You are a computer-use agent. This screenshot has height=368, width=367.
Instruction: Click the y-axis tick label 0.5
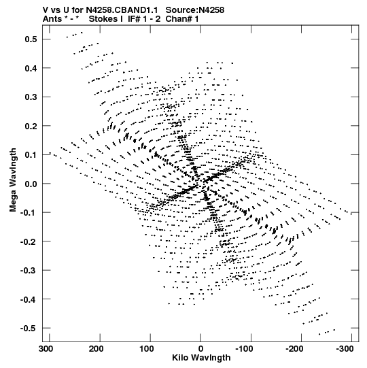tap(31, 39)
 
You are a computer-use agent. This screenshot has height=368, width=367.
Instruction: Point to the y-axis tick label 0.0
tap(31, 184)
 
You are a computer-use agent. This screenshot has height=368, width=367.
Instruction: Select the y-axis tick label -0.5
tap(29, 329)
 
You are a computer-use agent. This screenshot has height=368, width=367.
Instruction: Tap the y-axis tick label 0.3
tap(31, 97)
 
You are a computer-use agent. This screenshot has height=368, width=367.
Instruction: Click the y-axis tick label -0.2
tap(29, 241)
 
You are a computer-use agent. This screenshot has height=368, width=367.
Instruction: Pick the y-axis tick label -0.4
tap(29, 299)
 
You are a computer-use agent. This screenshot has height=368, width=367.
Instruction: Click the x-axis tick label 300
tap(46, 349)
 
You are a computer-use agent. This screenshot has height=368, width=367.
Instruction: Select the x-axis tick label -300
tap(345, 349)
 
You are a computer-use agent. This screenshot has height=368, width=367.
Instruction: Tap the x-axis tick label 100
tap(147, 349)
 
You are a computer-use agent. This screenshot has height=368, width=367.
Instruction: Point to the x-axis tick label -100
tap(244, 349)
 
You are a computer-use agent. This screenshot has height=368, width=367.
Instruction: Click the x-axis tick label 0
tap(200, 349)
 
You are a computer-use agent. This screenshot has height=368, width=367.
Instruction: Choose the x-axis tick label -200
tap(294, 349)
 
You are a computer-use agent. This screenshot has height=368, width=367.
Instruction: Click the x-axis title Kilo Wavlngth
tap(201, 358)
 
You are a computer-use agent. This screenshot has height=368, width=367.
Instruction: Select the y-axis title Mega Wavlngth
tap(13, 180)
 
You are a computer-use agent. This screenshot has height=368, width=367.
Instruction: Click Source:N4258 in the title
tap(195, 10)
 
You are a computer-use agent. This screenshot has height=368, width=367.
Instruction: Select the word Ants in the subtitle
tap(52, 19)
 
